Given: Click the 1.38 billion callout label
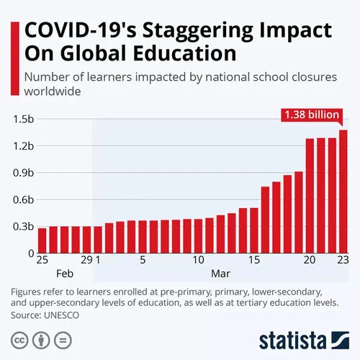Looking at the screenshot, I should click(x=312, y=114).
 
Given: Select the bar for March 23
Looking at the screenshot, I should click(x=343, y=192).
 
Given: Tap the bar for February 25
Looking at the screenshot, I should click(x=42, y=240).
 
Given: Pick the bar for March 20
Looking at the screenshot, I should click(x=310, y=195).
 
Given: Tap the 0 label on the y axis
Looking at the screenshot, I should click(x=30, y=253).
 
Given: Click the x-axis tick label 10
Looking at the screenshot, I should click(x=198, y=260).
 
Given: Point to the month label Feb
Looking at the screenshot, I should click(x=65, y=274).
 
